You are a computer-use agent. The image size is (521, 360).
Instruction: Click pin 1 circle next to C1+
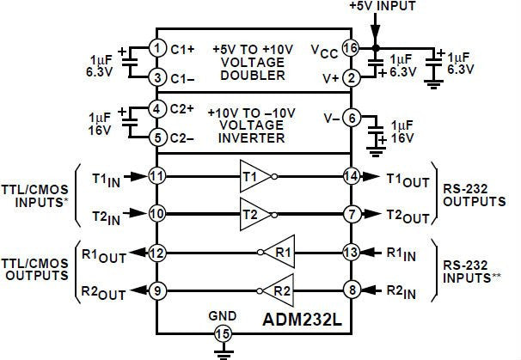point(156,48)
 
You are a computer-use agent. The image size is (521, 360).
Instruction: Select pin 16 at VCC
point(351,48)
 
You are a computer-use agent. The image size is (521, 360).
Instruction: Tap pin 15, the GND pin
point(223,333)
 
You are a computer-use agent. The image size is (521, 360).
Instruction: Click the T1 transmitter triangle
point(255,176)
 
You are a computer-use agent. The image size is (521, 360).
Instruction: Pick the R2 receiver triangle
point(279,290)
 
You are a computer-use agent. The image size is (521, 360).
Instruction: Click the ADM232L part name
point(302,320)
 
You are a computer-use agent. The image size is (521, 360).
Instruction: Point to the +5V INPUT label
point(383,6)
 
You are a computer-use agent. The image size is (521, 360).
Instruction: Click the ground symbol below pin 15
point(223,354)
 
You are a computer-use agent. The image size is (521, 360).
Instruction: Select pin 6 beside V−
point(352,118)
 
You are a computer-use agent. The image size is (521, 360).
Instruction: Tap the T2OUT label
point(408,217)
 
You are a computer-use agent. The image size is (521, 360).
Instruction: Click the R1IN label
point(401,254)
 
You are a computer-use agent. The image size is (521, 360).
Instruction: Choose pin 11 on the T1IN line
point(156,176)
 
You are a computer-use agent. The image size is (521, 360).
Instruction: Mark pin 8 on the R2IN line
point(352,290)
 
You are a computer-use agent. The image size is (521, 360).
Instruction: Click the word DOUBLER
point(253,76)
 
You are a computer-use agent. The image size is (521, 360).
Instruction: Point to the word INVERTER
point(252,137)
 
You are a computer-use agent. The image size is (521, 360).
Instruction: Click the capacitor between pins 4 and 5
point(130,122)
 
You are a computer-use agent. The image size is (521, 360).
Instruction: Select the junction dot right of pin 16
point(376,48)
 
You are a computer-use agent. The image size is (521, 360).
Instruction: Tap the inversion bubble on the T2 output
point(274,215)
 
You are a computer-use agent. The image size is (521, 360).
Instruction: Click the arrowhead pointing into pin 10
point(138,213)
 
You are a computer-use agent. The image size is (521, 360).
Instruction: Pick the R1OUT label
point(104,256)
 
